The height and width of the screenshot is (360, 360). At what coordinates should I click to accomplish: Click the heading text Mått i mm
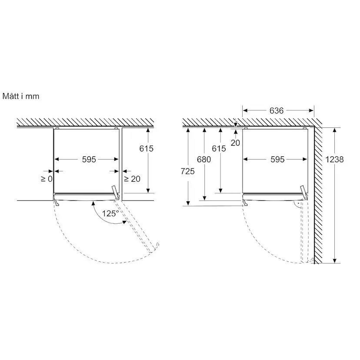point(21,96)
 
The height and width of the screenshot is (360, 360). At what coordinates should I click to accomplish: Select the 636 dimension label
point(277,111)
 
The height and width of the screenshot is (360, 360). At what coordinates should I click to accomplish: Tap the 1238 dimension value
point(334,159)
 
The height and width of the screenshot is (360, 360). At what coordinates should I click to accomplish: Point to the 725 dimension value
point(187,171)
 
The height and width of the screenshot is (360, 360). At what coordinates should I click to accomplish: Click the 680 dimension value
point(204,159)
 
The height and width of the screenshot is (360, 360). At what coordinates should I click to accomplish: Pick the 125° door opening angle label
point(110,213)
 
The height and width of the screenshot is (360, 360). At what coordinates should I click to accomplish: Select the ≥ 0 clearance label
point(47,179)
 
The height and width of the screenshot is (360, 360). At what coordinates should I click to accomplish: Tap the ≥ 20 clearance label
point(132,179)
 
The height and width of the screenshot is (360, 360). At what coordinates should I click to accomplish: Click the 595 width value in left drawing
point(89,159)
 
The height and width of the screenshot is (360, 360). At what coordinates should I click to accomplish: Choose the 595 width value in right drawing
point(277,159)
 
